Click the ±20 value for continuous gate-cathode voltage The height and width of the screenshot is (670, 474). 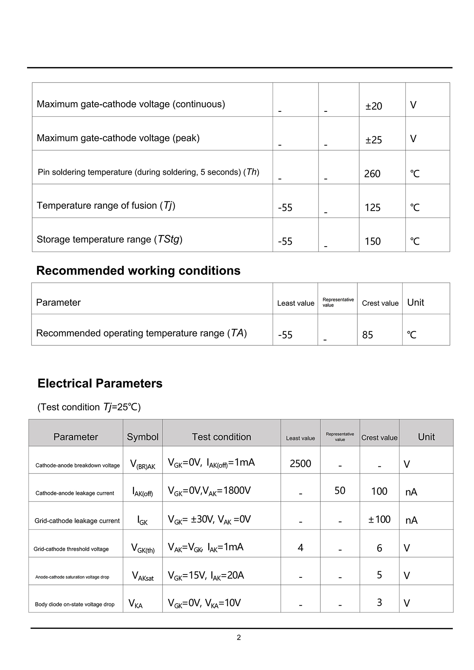click(374, 106)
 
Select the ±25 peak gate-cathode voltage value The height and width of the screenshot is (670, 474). click(374, 140)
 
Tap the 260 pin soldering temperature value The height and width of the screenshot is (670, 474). click(372, 174)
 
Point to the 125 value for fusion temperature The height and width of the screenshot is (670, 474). click(373, 208)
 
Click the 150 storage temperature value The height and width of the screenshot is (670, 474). click(373, 241)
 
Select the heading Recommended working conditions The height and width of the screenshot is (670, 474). click(138, 271)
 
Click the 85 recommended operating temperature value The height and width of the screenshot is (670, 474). click(368, 335)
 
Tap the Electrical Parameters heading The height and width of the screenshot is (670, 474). click(100, 383)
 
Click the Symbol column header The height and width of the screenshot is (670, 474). click(143, 437)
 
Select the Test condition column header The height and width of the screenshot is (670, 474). click(221, 437)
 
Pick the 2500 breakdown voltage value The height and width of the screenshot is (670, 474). click(300, 463)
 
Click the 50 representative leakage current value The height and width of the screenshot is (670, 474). click(340, 490)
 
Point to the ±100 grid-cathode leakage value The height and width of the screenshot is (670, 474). click(379, 519)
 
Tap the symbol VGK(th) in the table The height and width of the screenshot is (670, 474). click(143, 548)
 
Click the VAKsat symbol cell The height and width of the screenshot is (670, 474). click(143, 576)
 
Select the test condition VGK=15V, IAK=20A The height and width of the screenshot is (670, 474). click(206, 575)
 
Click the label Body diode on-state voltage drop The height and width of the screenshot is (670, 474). click(75, 604)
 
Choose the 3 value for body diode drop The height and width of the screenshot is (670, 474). click(379, 603)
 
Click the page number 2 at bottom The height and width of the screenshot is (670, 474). click(239, 637)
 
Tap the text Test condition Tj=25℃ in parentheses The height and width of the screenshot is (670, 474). click(89, 407)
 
